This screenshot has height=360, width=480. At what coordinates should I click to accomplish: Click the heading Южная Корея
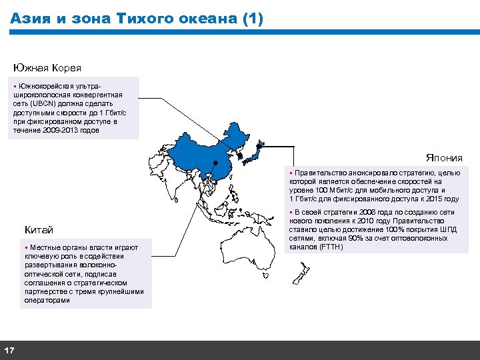[x=47, y=68]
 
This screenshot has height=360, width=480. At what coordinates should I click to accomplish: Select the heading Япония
[x=444, y=158]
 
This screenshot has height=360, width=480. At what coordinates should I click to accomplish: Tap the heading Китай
[x=39, y=230]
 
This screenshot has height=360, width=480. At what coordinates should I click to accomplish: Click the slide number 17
[x=9, y=351]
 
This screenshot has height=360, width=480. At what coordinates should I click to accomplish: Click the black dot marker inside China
[x=215, y=163]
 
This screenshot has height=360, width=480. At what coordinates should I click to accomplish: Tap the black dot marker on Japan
[x=253, y=155]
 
